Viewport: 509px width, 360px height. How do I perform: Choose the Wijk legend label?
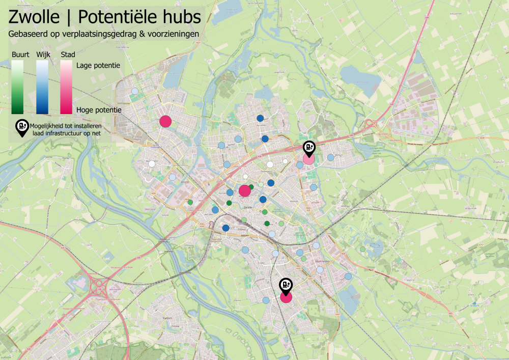coord(43,54)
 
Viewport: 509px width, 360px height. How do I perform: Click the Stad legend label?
coord(68,54)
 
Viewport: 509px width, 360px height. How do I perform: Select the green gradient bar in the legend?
coord(17,87)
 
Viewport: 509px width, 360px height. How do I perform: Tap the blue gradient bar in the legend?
coord(43,87)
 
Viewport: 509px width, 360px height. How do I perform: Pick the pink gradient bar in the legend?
coord(66,87)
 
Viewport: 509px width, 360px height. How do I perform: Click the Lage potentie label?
coord(98,65)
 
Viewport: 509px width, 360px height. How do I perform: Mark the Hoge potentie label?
coord(98,109)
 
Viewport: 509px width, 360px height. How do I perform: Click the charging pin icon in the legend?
coord(22,127)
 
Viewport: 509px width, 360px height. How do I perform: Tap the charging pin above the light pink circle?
coord(309,148)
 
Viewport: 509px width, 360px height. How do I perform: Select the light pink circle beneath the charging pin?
coord(309,159)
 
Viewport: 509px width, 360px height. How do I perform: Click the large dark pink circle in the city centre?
coord(245,191)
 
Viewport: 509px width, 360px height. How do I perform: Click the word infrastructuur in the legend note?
coord(64,132)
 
